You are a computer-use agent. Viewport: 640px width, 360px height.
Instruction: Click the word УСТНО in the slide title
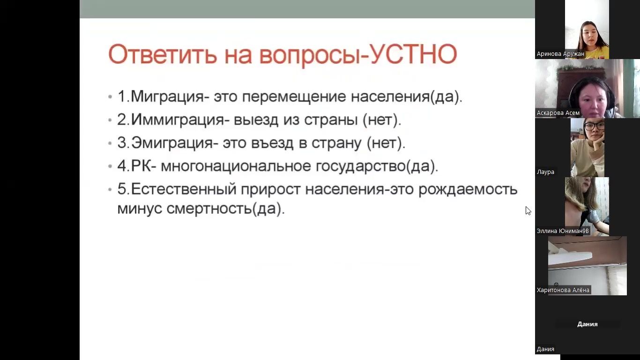413,54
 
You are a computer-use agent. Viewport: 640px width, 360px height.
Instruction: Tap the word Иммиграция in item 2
178,119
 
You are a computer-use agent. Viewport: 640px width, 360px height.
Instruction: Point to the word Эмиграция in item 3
172,142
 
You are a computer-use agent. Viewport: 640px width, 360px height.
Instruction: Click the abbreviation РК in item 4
141,166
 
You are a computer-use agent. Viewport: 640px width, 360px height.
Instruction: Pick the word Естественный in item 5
184,189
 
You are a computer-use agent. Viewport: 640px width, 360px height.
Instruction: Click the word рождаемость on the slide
468,189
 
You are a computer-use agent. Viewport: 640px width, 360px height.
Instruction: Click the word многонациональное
236,166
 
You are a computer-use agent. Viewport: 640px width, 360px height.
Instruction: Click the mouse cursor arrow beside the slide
528,211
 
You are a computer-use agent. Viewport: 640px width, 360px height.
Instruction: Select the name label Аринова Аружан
560,54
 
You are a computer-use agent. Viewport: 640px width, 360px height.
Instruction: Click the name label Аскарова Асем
558,113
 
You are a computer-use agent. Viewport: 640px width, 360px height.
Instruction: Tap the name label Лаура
545,172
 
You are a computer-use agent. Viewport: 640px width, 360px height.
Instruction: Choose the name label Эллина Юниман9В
563,231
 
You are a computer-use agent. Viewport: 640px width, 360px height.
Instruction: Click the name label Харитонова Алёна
563,290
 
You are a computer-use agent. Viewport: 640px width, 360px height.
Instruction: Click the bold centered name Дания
588,324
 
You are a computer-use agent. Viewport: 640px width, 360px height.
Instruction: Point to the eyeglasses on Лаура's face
594,126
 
